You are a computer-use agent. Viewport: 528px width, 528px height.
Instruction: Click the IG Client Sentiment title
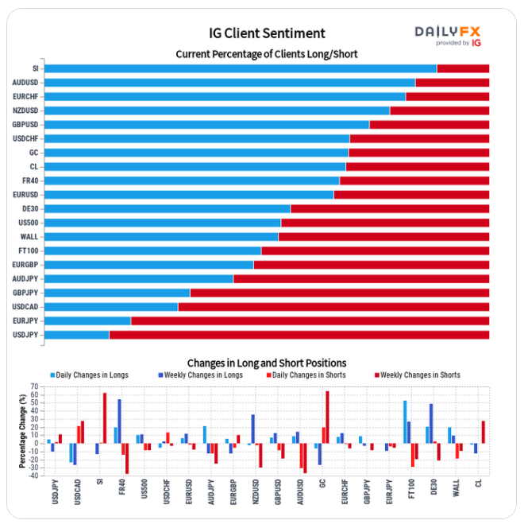267,33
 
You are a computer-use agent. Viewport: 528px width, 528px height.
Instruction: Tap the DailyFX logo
448,33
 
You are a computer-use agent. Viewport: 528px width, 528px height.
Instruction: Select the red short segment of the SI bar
463,68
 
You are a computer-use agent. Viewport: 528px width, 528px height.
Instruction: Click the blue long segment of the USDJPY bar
76,335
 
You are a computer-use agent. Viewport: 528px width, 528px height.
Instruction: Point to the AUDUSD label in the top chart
25,83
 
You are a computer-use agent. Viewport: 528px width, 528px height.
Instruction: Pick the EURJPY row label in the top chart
25,320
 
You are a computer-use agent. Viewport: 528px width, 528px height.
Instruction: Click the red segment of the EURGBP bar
371,265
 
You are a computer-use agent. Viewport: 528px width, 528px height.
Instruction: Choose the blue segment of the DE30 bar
168,208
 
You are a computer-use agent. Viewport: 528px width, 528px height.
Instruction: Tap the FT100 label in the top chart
28,250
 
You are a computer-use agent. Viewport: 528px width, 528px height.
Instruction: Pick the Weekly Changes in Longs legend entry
205,375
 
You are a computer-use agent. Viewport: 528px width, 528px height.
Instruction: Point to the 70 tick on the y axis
35,387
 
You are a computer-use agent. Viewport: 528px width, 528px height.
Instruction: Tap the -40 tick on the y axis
33,476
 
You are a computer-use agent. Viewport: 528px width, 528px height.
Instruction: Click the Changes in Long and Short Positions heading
266,363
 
